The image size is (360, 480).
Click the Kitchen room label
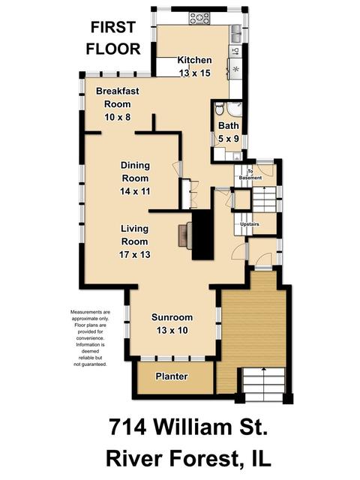tap(194, 60)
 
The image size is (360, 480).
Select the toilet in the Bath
tap(219, 109)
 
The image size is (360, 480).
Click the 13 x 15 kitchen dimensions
tap(195, 73)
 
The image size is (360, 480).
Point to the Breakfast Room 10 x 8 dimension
tap(118, 117)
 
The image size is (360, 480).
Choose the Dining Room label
tap(135, 172)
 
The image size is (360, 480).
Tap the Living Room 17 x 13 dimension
tap(135, 255)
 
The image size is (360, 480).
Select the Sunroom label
tap(172, 317)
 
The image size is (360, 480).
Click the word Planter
tap(172, 376)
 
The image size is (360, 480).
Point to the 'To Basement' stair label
tap(250, 175)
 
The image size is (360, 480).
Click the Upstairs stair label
tap(250, 224)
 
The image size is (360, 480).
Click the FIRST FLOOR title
tap(113, 38)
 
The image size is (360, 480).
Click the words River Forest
tap(172, 459)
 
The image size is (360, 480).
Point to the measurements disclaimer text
tap(90, 338)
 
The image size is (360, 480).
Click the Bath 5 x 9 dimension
tap(228, 139)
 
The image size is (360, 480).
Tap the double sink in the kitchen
tap(236, 33)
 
